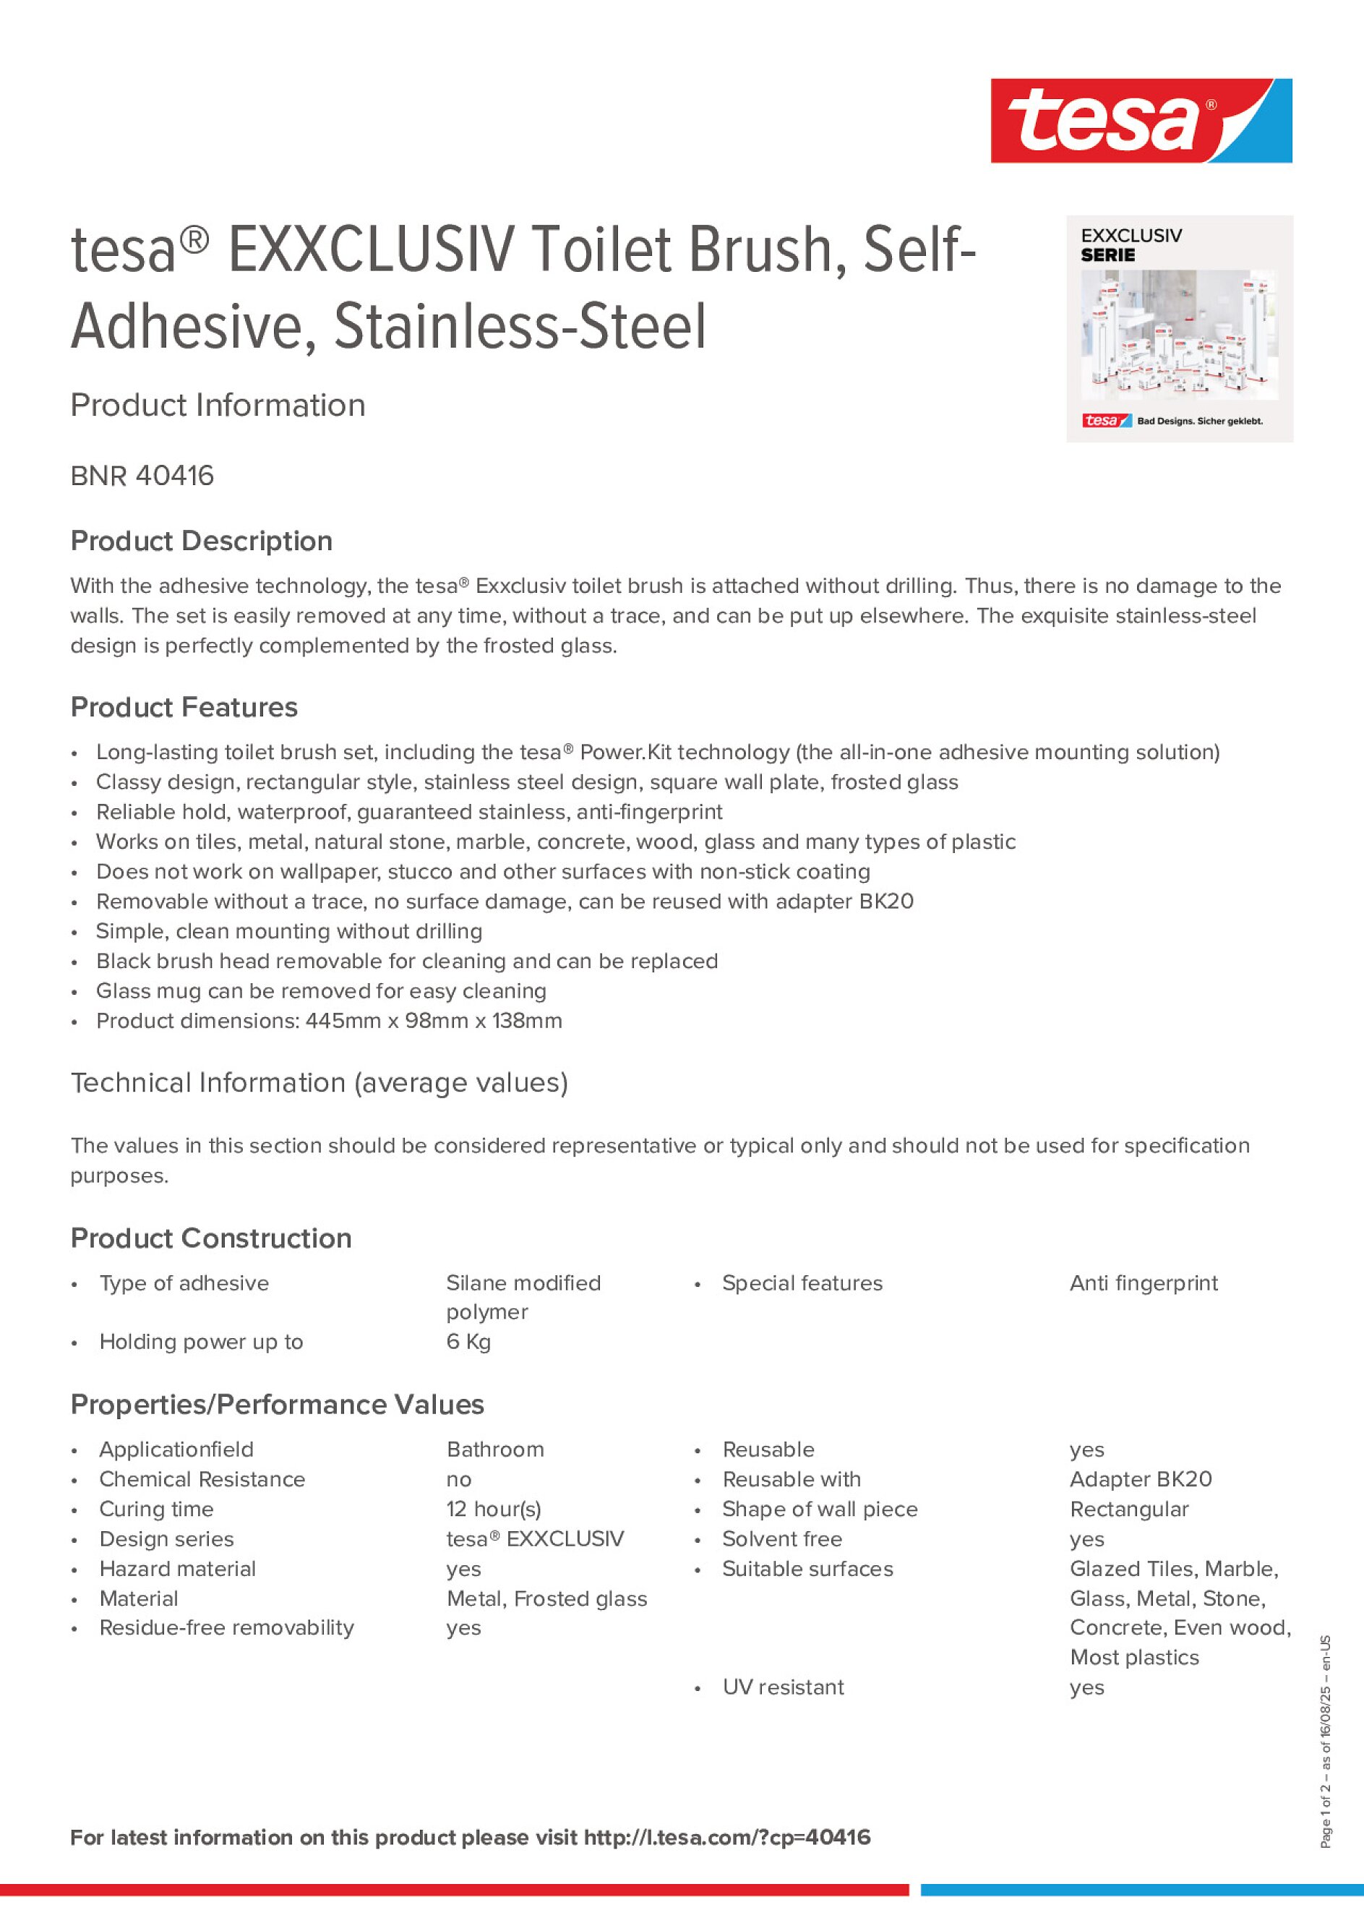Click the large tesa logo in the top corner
(1141, 120)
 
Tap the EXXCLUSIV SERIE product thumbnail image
(1179, 329)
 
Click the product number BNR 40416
(142, 476)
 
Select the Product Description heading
(201, 541)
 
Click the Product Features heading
(184, 707)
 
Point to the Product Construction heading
(210, 1238)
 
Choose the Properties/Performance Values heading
(277, 1405)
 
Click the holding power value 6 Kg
(468, 1342)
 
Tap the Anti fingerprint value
(1143, 1283)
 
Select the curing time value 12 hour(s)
(494, 1509)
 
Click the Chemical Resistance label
(202, 1479)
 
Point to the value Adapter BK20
(1141, 1479)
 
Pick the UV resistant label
(783, 1687)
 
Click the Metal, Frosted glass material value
(546, 1598)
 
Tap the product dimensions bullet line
(328, 1021)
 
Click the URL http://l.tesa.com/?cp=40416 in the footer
(726, 1837)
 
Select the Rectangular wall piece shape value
(1128, 1509)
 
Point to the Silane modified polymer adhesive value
(523, 1297)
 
